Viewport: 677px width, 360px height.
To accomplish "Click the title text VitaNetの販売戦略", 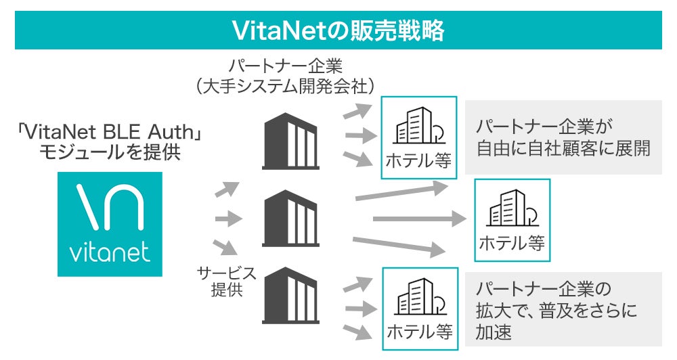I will click(x=338, y=30).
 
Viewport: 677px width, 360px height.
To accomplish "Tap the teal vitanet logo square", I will click(x=110, y=224).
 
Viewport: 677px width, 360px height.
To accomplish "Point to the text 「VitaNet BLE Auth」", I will click(x=110, y=130).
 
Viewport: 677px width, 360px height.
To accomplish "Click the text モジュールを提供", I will click(x=110, y=152).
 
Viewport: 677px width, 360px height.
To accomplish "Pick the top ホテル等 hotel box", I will click(x=418, y=138).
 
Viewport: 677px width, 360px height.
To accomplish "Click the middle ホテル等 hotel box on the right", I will click(x=512, y=220).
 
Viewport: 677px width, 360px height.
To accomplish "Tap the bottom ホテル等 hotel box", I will click(x=418, y=309).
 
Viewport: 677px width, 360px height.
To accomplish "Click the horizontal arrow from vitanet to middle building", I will click(x=228, y=219).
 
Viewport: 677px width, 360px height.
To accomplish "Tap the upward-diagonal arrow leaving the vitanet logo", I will click(x=227, y=189).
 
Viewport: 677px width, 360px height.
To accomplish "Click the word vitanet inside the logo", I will click(x=110, y=254).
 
